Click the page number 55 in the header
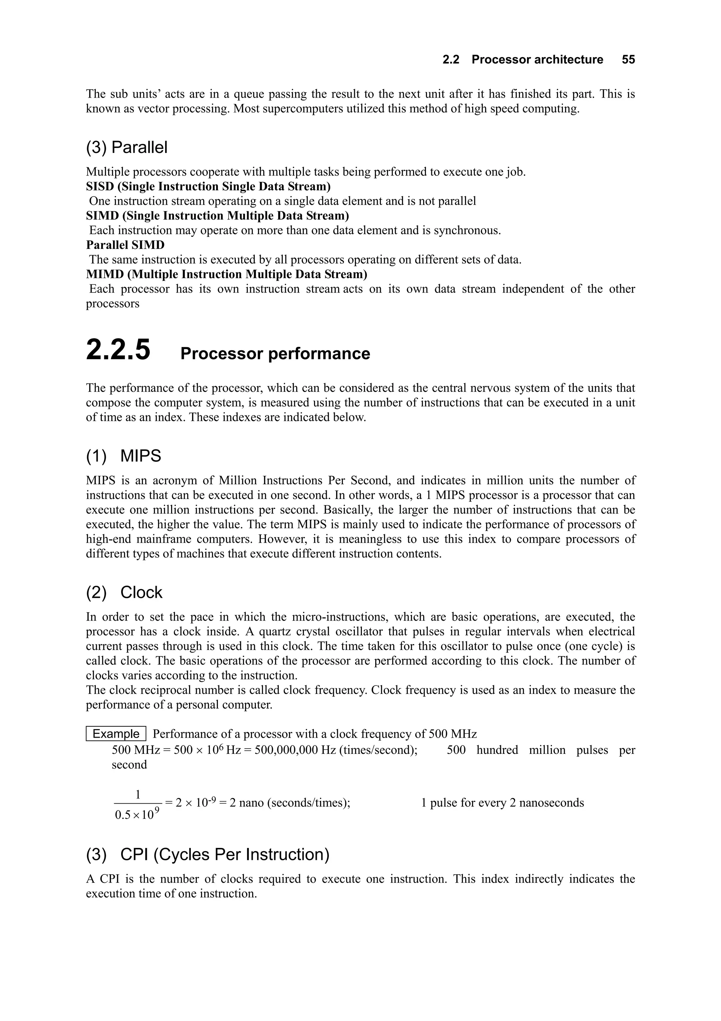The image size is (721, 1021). point(628,60)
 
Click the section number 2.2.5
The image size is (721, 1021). point(118,350)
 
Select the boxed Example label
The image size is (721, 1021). point(116,734)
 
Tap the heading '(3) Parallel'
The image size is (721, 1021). point(127,148)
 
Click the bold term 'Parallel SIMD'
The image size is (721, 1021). point(125,245)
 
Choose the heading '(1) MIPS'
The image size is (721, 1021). point(124,456)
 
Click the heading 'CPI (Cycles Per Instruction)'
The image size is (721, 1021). point(225,854)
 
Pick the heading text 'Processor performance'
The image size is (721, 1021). point(275,353)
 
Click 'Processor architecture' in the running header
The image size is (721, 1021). point(537,60)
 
